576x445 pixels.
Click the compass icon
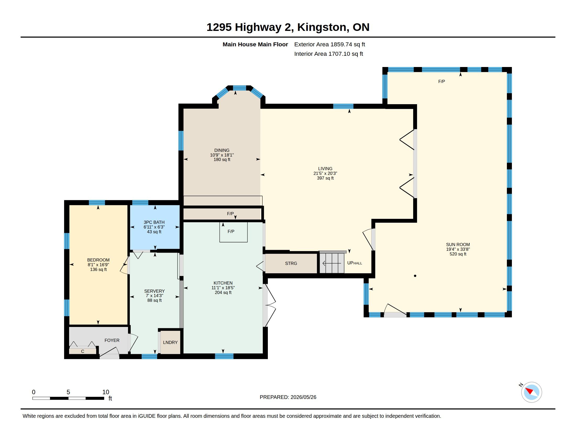(531, 392)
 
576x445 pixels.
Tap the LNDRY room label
(170, 342)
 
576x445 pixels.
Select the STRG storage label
(291, 263)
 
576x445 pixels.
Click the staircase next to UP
(332, 263)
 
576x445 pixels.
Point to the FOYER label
(112, 340)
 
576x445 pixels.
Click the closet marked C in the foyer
(82, 351)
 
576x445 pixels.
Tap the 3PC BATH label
(154, 222)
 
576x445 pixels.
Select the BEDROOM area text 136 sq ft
(98, 269)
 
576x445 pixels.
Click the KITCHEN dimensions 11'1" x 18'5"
(223, 288)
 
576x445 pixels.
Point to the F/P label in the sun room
(441, 81)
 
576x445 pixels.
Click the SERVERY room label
(154, 291)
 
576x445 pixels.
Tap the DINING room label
(222, 150)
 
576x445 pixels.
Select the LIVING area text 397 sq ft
(325, 178)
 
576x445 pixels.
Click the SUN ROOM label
(458, 244)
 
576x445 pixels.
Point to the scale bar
(68, 398)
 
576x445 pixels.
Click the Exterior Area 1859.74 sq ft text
(329, 44)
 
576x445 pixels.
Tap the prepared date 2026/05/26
(303, 397)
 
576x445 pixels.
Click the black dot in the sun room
(415, 276)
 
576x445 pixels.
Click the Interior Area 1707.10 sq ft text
(328, 54)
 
